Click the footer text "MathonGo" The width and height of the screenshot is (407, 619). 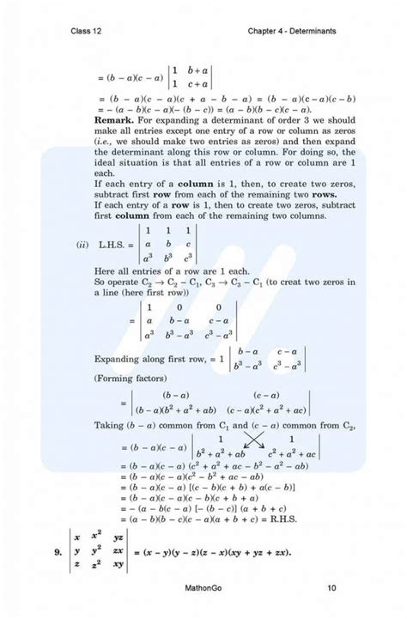(203, 589)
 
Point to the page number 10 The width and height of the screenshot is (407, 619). (331, 589)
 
